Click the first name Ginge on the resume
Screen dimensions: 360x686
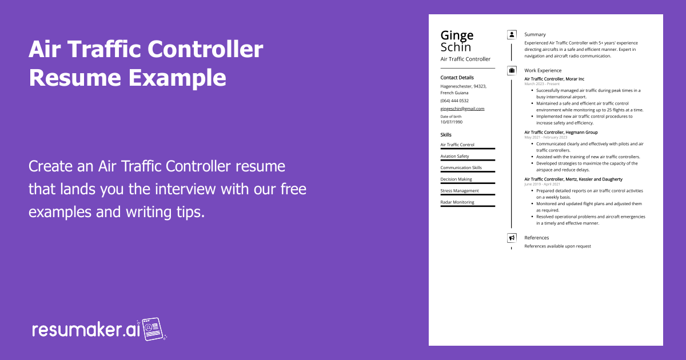[x=457, y=35]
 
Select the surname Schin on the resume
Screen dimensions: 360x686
[x=456, y=47]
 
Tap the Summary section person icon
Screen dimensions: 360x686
[x=512, y=35]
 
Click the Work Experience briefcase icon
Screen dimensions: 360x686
[x=512, y=71]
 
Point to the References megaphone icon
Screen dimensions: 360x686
[x=512, y=238]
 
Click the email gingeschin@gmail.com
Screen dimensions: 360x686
[x=462, y=109]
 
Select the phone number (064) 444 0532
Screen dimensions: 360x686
[x=454, y=101]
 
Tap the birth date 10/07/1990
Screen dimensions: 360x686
[x=451, y=122]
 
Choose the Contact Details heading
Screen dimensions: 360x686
[x=457, y=78]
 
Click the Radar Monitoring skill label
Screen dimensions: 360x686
[x=457, y=202]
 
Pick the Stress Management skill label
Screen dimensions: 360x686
[x=460, y=191]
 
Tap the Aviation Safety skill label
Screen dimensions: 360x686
[x=454, y=156]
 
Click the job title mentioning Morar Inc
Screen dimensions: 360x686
[x=554, y=79]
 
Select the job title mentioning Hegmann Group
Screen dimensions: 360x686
[x=561, y=133]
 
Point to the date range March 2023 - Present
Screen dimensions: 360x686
[x=542, y=84]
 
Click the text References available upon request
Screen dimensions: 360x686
[x=557, y=246]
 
